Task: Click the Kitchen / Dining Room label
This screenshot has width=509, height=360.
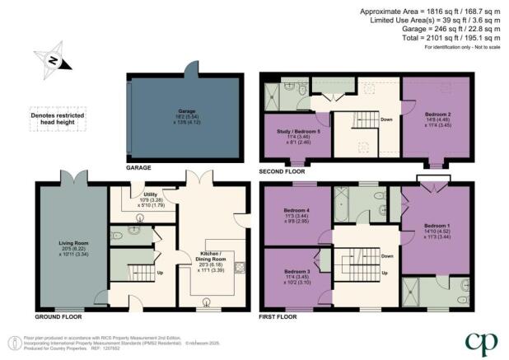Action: pos(214,258)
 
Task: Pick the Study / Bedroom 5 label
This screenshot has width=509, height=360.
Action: pos(295,132)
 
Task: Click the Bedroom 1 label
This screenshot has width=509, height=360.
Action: pos(437,225)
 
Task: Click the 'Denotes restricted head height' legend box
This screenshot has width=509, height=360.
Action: pos(53,115)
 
